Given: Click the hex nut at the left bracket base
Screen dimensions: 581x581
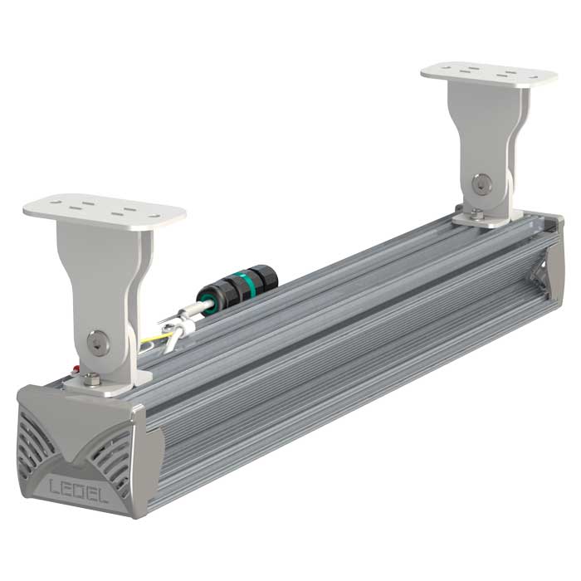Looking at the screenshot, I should click(92, 379).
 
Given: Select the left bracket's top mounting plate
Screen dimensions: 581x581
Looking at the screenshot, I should click(104, 210).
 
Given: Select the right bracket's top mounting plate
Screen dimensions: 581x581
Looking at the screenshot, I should click(488, 75).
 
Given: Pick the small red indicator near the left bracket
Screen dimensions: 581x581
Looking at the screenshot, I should click(76, 369).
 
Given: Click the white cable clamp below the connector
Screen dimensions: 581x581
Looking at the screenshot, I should click(181, 330).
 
